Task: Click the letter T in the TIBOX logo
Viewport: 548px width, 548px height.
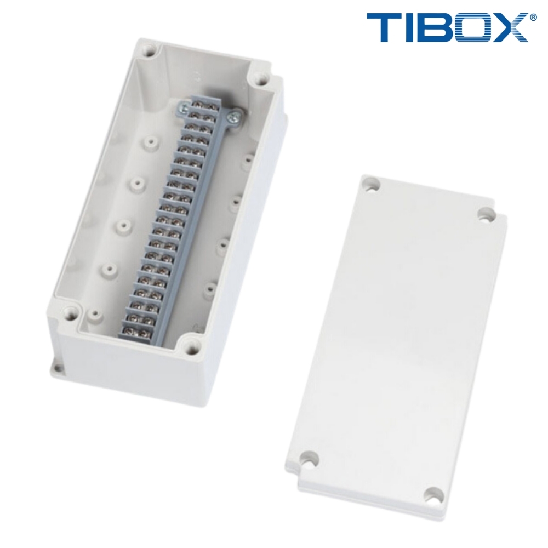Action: [384, 28]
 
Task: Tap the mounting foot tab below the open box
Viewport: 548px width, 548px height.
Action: [58, 366]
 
